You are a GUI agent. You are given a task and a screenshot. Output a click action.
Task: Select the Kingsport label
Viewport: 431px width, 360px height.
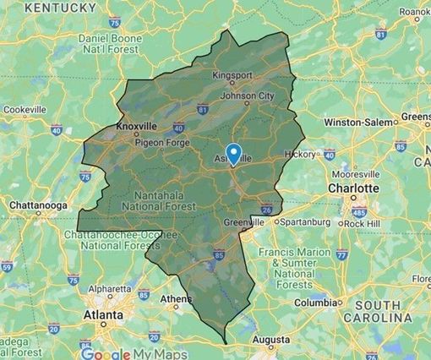[x=232, y=75]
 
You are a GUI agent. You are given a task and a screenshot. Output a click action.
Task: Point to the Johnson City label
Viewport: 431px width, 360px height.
[x=247, y=95]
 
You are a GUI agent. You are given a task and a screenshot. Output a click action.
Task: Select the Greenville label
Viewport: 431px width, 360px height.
[x=245, y=221]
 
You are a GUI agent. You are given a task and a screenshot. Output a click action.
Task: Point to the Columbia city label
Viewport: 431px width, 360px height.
[x=314, y=303]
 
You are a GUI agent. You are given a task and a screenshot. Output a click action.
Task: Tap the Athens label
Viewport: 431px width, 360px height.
[x=175, y=298]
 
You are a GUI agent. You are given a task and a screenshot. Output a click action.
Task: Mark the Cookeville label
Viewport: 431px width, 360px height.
[x=25, y=110]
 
